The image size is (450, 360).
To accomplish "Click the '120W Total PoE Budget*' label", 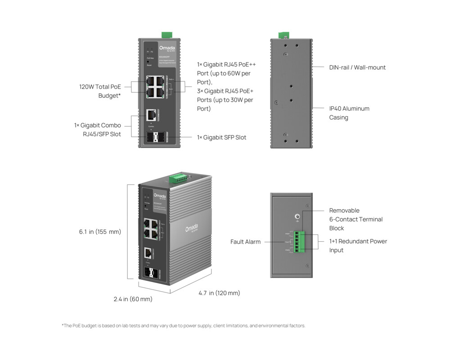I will coord(100,91).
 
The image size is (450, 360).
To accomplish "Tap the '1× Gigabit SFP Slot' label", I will coord(221,137).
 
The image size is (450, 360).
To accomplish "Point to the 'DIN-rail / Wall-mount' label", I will coord(357,67).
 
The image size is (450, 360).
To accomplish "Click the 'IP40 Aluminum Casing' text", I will coord(349,113).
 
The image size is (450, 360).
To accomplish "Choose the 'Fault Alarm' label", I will coord(245,242).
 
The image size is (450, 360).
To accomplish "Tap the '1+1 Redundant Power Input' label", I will coord(358,246).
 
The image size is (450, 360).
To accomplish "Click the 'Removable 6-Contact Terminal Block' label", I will coord(355,219).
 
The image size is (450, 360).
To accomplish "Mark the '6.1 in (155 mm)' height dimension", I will coord(100,232).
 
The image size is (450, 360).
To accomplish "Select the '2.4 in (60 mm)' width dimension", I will coord(133,299).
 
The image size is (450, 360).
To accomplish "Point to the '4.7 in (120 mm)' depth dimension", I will coord(219,293).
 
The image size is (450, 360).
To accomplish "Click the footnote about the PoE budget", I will coord(183,325).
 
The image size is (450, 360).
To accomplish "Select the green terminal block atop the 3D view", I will coord(179,179).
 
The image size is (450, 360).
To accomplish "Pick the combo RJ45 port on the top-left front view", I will coord(151,115).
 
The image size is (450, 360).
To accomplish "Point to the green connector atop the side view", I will coord(283,35).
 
